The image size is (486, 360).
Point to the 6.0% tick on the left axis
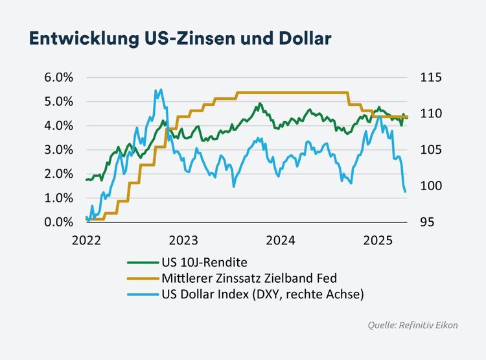(x=60, y=77)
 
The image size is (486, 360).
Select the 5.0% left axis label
(x=60, y=101)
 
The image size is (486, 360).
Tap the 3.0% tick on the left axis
(x=60, y=150)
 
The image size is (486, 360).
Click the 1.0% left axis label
(x=60, y=198)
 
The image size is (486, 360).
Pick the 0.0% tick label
(x=60, y=222)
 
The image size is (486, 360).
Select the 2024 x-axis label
(x=282, y=240)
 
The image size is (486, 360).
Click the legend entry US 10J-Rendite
(x=203, y=263)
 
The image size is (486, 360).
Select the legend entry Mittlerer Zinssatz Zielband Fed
(x=248, y=278)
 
